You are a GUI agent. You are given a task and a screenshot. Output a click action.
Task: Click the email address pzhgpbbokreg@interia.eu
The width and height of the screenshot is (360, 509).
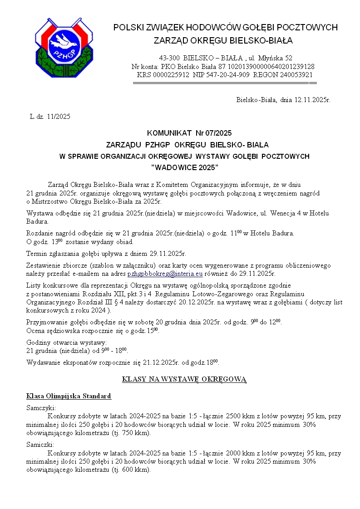(165, 274)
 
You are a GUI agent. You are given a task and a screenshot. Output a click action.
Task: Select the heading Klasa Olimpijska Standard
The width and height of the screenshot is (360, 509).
(69, 396)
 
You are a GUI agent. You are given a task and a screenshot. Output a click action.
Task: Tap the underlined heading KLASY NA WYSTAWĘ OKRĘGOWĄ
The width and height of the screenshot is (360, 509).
(184, 379)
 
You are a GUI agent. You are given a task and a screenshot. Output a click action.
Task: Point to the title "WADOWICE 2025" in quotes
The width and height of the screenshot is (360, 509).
(184, 167)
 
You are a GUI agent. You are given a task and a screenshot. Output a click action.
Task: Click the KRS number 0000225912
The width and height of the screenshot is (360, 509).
(170, 74)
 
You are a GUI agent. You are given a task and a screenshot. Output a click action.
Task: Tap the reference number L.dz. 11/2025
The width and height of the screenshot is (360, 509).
(50, 117)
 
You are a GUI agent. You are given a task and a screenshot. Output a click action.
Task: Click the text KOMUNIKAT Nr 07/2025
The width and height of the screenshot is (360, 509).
(189, 133)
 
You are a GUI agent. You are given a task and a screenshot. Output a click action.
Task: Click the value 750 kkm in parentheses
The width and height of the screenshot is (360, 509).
(135, 433)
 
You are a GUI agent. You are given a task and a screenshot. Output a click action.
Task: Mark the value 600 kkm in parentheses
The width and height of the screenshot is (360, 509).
(135, 470)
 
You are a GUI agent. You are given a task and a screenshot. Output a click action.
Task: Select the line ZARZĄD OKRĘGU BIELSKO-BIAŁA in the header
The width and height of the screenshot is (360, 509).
(223, 41)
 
